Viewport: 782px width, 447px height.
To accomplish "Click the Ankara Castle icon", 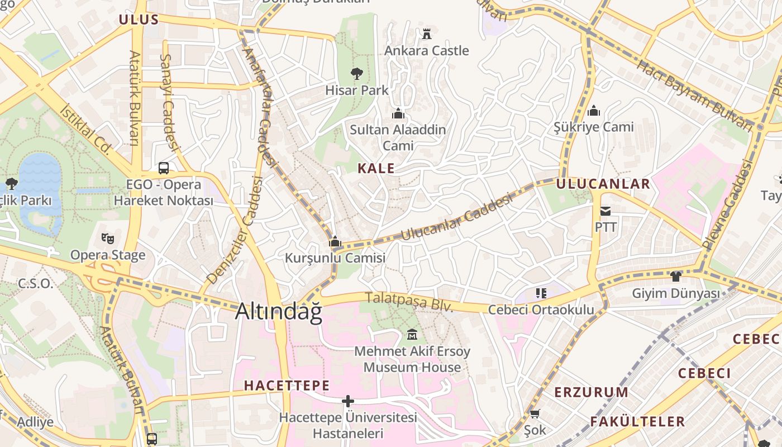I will click(427, 34).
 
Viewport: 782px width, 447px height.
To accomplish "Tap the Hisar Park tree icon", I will click(356, 73).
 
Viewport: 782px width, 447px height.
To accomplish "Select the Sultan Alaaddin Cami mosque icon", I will click(398, 113).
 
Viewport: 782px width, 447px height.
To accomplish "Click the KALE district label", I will click(376, 168).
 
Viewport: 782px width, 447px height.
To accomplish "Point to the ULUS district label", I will click(139, 20).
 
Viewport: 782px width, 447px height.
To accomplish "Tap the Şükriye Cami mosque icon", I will click(594, 110).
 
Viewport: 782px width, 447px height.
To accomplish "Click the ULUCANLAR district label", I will click(603, 184).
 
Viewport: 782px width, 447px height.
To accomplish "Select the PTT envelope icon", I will click(605, 211).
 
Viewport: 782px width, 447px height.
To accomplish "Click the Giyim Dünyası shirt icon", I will click(676, 276).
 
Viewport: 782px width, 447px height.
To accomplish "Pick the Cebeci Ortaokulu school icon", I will click(541, 293).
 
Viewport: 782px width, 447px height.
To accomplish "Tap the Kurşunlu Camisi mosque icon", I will click(335, 241).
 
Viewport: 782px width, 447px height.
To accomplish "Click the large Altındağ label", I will click(279, 312).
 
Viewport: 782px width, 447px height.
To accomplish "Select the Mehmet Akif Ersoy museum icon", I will click(412, 334).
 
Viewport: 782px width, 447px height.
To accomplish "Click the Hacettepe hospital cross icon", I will click(348, 401).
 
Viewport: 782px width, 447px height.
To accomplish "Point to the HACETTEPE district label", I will click(287, 386).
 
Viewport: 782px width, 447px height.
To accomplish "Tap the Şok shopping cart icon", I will click(535, 414).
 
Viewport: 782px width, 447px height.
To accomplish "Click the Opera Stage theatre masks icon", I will click(108, 239).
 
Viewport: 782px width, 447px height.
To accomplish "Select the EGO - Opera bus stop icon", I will click(164, 168).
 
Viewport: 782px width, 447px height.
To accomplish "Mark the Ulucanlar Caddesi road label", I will click(456, 217).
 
